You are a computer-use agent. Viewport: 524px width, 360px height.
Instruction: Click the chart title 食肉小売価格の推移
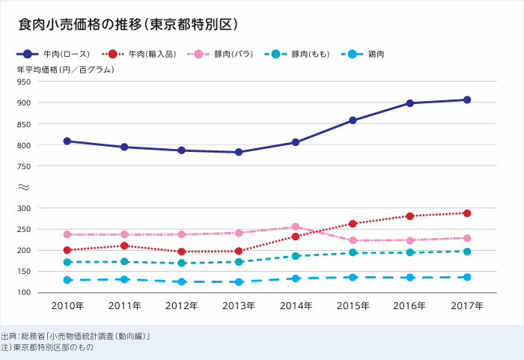click(128, 25)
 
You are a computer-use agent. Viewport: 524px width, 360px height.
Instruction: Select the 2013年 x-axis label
click(239, 306)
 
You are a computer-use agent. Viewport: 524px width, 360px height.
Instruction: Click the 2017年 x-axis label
click(466, 306)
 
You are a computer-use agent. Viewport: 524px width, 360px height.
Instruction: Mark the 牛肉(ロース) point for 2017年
click(466, 100)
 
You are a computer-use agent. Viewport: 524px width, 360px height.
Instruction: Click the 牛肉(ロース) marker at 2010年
click(67, 141)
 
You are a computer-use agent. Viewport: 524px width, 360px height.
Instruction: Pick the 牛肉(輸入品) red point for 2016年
click(409, 216)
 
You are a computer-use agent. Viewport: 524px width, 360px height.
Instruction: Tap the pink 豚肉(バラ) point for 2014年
click(296, 227)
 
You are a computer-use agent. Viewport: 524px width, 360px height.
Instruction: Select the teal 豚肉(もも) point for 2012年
click(182, 263)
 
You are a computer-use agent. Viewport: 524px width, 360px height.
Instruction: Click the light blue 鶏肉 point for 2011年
click(124, 279)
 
